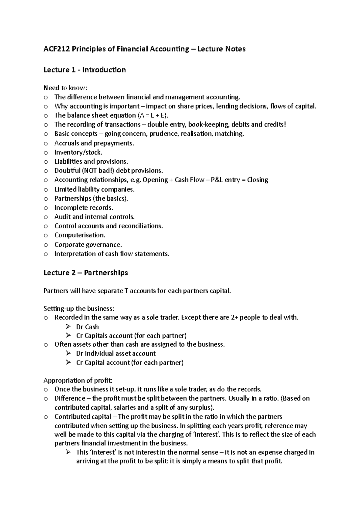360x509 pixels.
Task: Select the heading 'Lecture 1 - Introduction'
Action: pyautogui.click(x=84, y=70)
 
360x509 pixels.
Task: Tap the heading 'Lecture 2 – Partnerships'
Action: pyautogui.click(x=85, y=272)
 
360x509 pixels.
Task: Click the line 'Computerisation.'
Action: pyautogui.click(x=79, y=235)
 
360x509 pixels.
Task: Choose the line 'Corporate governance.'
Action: pyautogui.click(x=88, y=244)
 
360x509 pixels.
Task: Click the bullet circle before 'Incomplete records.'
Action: pyautogui.click(x=46, y=208)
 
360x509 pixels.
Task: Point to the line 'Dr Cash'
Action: pyautogui.click(x=87, y=327)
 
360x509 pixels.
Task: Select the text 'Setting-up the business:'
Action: pyautogui.click(x=79, y=308)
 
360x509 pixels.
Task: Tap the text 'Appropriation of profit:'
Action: pyautogui.click(x=78, y=380)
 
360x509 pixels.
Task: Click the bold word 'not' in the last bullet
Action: pyautogui.click(x=242, y=452)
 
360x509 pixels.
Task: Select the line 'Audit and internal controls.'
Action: pyautogui.click(x=94, y=217)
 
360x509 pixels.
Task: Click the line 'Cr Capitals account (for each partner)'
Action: pyautogui.click(x=131, y=335)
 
